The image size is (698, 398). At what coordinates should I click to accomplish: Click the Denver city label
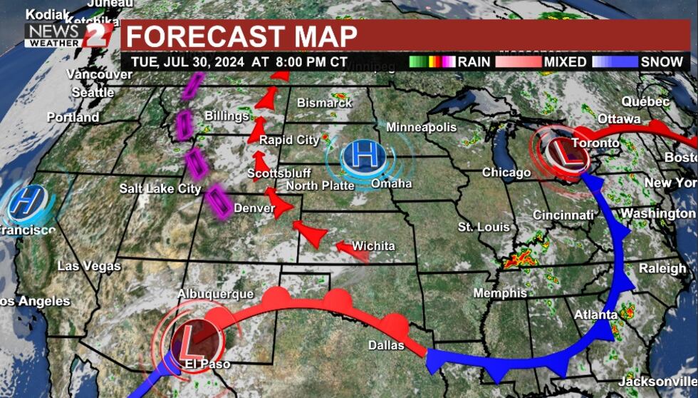[x=254, y=208]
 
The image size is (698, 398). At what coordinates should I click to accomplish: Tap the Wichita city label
[x=373, y=246]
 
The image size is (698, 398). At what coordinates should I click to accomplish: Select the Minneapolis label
[x=421, y=128]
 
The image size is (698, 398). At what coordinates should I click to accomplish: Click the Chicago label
[x=506, y=173]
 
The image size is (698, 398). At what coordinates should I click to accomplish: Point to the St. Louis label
[x=484, y=228]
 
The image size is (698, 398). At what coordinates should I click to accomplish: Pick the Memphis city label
[x=500, y=293]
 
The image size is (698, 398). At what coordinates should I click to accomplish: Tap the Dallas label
[x=386, y=346]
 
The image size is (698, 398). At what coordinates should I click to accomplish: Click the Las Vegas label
[x=89, y=266]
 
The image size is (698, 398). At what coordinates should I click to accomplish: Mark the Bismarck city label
[x=324, y=103]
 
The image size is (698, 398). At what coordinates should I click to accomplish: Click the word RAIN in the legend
[x=474, y=62]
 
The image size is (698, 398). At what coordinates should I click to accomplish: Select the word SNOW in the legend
[x=662, y=62]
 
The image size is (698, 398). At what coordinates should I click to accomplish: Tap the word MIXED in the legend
[x=565, y=62]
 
